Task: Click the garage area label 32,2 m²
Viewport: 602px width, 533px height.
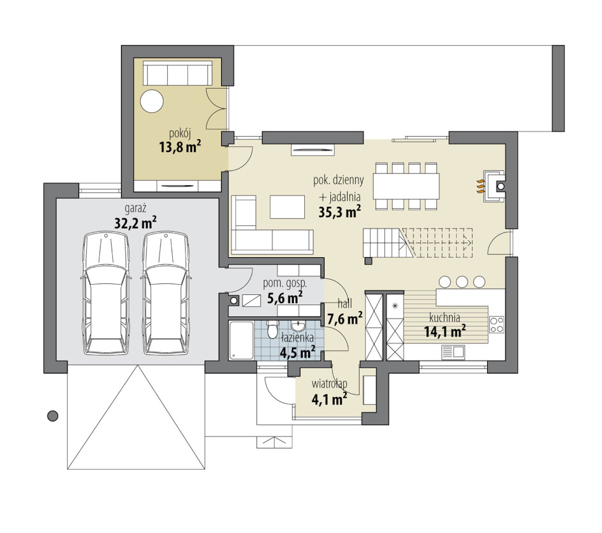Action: point(136,222)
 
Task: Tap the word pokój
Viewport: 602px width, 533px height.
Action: point(180,133)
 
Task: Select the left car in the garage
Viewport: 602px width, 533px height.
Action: point(106,293)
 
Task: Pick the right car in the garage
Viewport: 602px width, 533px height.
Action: point(166,293)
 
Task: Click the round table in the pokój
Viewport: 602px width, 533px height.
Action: point(152,101)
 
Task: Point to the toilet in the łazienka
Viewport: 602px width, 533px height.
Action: point(273,329)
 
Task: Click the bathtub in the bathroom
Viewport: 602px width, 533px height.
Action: point(241,340)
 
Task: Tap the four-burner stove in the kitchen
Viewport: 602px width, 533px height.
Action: point(496,324)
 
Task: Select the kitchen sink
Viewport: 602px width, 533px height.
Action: point(453,352)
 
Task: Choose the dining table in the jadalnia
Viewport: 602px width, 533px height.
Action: point(406,186)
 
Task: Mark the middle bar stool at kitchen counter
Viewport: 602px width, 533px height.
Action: point(462,282)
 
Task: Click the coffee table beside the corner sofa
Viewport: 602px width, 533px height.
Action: point(287,207)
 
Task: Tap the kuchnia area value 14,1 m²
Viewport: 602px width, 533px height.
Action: point(445,331)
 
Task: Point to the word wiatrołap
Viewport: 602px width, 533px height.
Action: point(330,384)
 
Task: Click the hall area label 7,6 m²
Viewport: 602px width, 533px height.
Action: point(345,319)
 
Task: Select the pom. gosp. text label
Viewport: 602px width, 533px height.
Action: point(285,283)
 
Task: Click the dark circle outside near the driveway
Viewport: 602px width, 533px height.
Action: point(52,416)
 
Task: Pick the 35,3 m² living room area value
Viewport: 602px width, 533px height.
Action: point(340,212)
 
